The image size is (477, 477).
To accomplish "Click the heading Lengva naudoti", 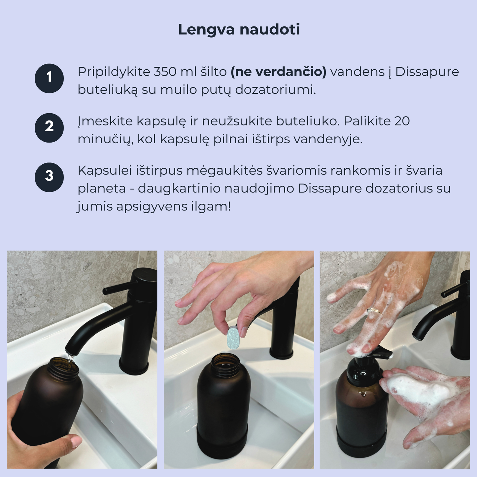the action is (239, 30).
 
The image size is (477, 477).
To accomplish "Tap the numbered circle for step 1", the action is (49, 78).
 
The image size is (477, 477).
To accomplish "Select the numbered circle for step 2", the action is (49, 128).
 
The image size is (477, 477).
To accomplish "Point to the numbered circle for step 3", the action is (49, 177).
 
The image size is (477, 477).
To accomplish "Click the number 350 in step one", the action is (165, 72).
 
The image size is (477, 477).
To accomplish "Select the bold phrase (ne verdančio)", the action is (279, 72).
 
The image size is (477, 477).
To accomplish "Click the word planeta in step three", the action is (102, 189).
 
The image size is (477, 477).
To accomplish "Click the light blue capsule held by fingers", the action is (233, 337).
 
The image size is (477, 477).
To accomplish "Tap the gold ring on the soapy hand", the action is (374, 311).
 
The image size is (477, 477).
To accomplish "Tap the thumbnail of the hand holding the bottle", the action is (77, 440).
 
